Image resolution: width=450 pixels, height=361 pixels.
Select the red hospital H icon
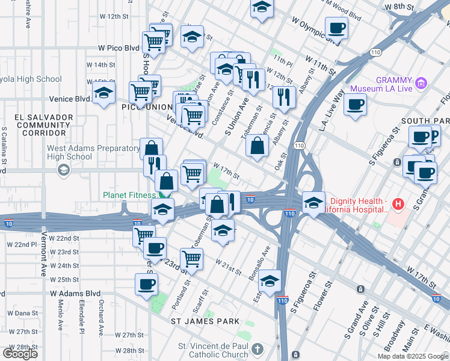pyautogui.click(x=398, y=205)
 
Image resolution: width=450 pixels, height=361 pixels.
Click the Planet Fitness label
pyautogui.click(x=129, y=195)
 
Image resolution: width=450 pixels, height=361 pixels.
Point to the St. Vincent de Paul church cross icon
pyautogui.click(x=257, y=349)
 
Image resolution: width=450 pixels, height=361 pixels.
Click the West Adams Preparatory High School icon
pyautogui.click(x=63, y=171)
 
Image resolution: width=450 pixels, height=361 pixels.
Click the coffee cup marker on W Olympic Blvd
pyautogui.click(x=336, y=28)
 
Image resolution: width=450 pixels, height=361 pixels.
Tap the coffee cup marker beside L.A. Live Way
pyautogui.click(x=355, y=104)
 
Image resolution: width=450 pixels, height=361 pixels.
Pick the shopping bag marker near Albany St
pyautogui.click(x=257, y=146)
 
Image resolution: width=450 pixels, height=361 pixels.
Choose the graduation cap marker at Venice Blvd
pyautogui.click(x=103, y=94)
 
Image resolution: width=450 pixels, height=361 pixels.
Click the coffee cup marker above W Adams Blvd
pyautogui.click(x=146, y=284)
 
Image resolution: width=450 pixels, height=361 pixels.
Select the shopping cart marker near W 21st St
pyautogui.click(x=191, y=259)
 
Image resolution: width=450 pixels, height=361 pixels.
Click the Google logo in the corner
pyautogui.click(x=20, y=354)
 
